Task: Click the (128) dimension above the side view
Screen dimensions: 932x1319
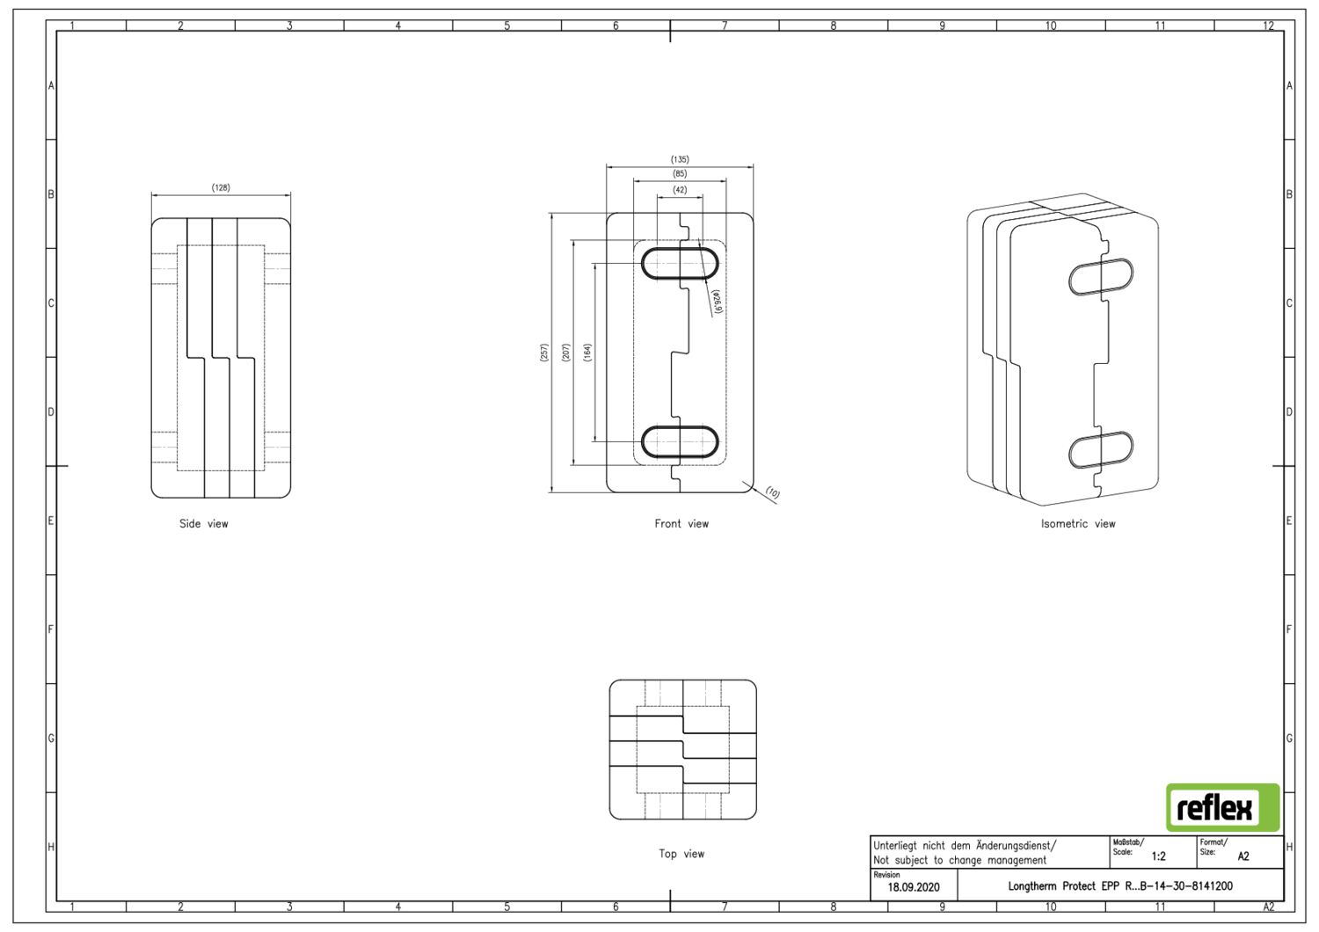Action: pos(221,187)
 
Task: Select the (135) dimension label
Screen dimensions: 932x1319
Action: pos(680,159)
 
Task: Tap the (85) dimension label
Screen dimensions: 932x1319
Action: pos(680,173)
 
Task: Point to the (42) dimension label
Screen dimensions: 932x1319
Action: pos(680,189)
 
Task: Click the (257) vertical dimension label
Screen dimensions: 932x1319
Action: pos(543,353)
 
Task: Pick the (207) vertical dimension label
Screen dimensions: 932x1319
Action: pos(565,353)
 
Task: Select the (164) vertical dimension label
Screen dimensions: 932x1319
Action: pos(587,353)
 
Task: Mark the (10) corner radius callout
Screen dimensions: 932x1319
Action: pos(772,493)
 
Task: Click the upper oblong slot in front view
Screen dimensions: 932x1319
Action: pos(680,264)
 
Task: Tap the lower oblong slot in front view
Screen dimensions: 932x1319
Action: pos(680,441)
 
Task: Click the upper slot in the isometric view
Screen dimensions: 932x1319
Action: pos(1100,277)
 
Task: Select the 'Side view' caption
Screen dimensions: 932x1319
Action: pos(203,523)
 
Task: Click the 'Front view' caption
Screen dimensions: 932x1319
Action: pos(681,523)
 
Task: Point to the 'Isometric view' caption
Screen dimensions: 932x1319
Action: pos(1077,523)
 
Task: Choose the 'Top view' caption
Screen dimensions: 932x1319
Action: pos(681,853)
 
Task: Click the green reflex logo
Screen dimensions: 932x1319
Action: pos(1222,807)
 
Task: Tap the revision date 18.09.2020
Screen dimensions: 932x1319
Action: pos(913,887)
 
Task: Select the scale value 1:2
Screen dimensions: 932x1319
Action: pos(1158,856)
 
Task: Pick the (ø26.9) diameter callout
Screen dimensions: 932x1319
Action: pos(717,302)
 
